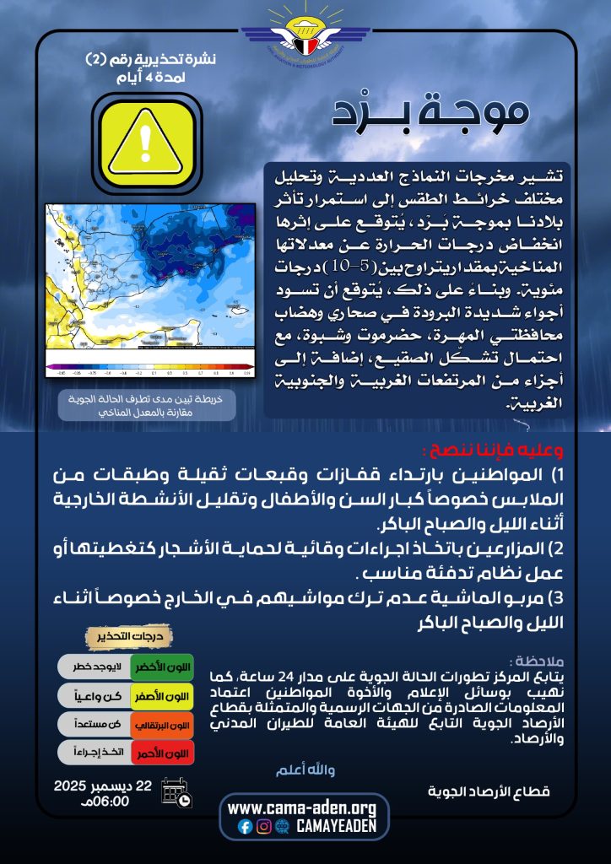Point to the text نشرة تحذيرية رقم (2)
[152, 60]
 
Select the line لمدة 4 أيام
[151, 78]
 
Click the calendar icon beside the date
[176, 794]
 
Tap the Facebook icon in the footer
[246, 827]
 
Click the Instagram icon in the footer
[264, 827]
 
